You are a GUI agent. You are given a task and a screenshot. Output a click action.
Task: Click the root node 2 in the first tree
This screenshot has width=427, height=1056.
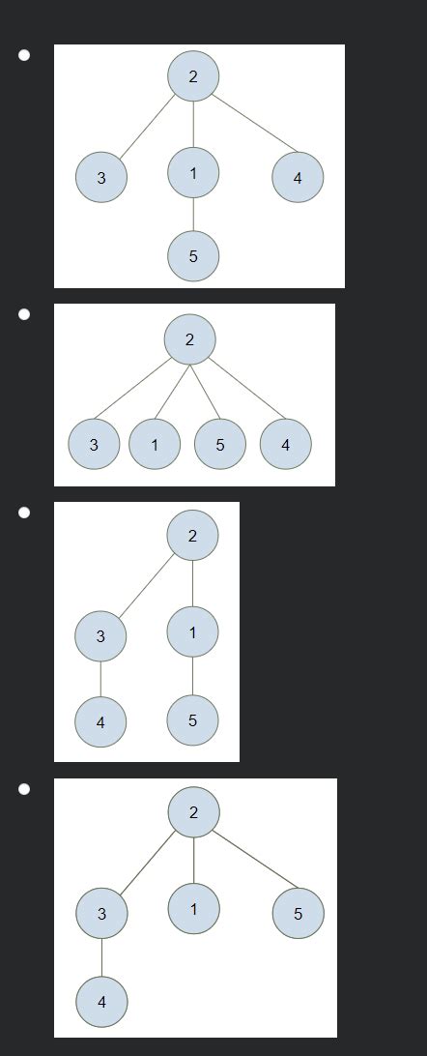[193, 76]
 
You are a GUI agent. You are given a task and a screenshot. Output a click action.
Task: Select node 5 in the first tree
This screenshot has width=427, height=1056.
[193, 256]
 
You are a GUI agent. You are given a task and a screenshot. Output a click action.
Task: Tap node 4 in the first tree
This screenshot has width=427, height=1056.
[298, 178]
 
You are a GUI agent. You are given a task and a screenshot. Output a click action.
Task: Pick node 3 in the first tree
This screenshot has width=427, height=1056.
[101, 178]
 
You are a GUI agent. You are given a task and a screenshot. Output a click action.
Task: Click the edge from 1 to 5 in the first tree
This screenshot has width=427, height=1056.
[193, 215]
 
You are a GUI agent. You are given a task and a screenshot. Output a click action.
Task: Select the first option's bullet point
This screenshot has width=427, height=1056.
[24, 55]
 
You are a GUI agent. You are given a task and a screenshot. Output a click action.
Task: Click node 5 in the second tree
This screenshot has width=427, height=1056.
[220, 445]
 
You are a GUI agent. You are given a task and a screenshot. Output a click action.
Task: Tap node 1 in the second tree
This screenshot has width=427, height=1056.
[155, 445]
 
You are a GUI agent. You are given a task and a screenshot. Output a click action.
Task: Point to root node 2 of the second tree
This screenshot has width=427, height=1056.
[189, 339]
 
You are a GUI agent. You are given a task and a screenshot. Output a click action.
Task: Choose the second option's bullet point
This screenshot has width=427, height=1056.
[24, 314]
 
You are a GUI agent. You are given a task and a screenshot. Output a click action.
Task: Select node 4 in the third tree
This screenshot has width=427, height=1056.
[101, 722]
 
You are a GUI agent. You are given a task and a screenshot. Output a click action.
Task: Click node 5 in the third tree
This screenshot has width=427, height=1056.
[193, 720]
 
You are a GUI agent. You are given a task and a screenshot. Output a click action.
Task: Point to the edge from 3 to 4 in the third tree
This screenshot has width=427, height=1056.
[101, 679]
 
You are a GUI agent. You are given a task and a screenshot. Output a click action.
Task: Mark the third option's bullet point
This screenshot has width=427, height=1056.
[24, 513]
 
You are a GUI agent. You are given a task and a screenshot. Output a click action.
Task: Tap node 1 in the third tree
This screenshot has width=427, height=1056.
[193, 632]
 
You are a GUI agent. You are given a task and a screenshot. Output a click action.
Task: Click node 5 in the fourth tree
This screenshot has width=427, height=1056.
[298, 913]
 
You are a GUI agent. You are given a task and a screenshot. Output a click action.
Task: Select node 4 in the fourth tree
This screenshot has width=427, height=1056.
[101, 1002]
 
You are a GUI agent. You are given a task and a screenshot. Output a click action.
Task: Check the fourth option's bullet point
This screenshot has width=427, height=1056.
[24, 789]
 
